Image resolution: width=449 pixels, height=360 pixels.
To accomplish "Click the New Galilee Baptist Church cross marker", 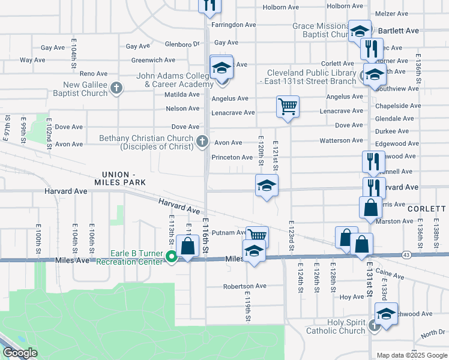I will [x=116, y=89].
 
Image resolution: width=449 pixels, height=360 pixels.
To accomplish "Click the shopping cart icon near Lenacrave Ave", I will [x=288, y=106].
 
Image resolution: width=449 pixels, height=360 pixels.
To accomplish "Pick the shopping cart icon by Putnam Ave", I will [x=256, y=236].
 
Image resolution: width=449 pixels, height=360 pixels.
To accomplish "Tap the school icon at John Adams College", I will [x=221, y=68].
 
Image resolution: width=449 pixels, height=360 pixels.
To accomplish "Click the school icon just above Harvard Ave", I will [x=267, y=185].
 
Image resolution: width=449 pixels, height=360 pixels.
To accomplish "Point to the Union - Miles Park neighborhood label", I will [x=117, y=178].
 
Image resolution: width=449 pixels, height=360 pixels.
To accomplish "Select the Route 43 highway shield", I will [x=406, y=254].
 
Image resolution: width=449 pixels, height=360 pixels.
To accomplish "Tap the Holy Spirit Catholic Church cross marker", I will [x=374, y=326].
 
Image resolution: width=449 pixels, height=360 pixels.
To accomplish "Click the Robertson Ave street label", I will [x=244, y=286].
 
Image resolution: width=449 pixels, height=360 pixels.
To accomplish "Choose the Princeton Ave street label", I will [x=232, y=157].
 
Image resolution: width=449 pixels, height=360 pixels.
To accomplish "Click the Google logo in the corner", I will [x=20, y=353].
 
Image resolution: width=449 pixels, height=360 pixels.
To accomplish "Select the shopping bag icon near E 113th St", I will [x=188, y=246].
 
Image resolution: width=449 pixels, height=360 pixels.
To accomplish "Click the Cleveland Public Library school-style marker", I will [x=375, y=75].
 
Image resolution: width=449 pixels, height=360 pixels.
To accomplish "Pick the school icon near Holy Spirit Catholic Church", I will [x=386, y=313].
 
